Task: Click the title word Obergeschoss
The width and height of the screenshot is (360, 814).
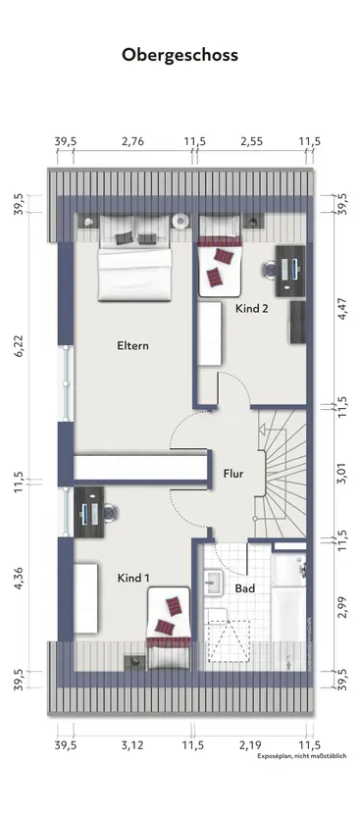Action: tap(180, 56)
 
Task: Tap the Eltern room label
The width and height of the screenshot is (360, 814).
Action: tap(132, 345)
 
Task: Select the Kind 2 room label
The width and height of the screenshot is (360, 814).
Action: tap(253, 307)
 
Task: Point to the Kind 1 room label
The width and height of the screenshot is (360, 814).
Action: tap(132, 578)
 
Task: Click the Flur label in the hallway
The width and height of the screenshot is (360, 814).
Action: tap(232, 473)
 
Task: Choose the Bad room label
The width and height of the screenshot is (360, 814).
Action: tap(245, 588)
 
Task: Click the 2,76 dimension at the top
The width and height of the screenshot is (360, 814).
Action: tap(132, 142)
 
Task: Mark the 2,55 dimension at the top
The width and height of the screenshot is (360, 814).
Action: tap(251, 142)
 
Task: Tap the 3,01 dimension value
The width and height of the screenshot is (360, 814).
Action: tap(341, 473)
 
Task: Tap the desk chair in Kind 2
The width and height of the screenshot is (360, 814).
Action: tap(267, 268)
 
